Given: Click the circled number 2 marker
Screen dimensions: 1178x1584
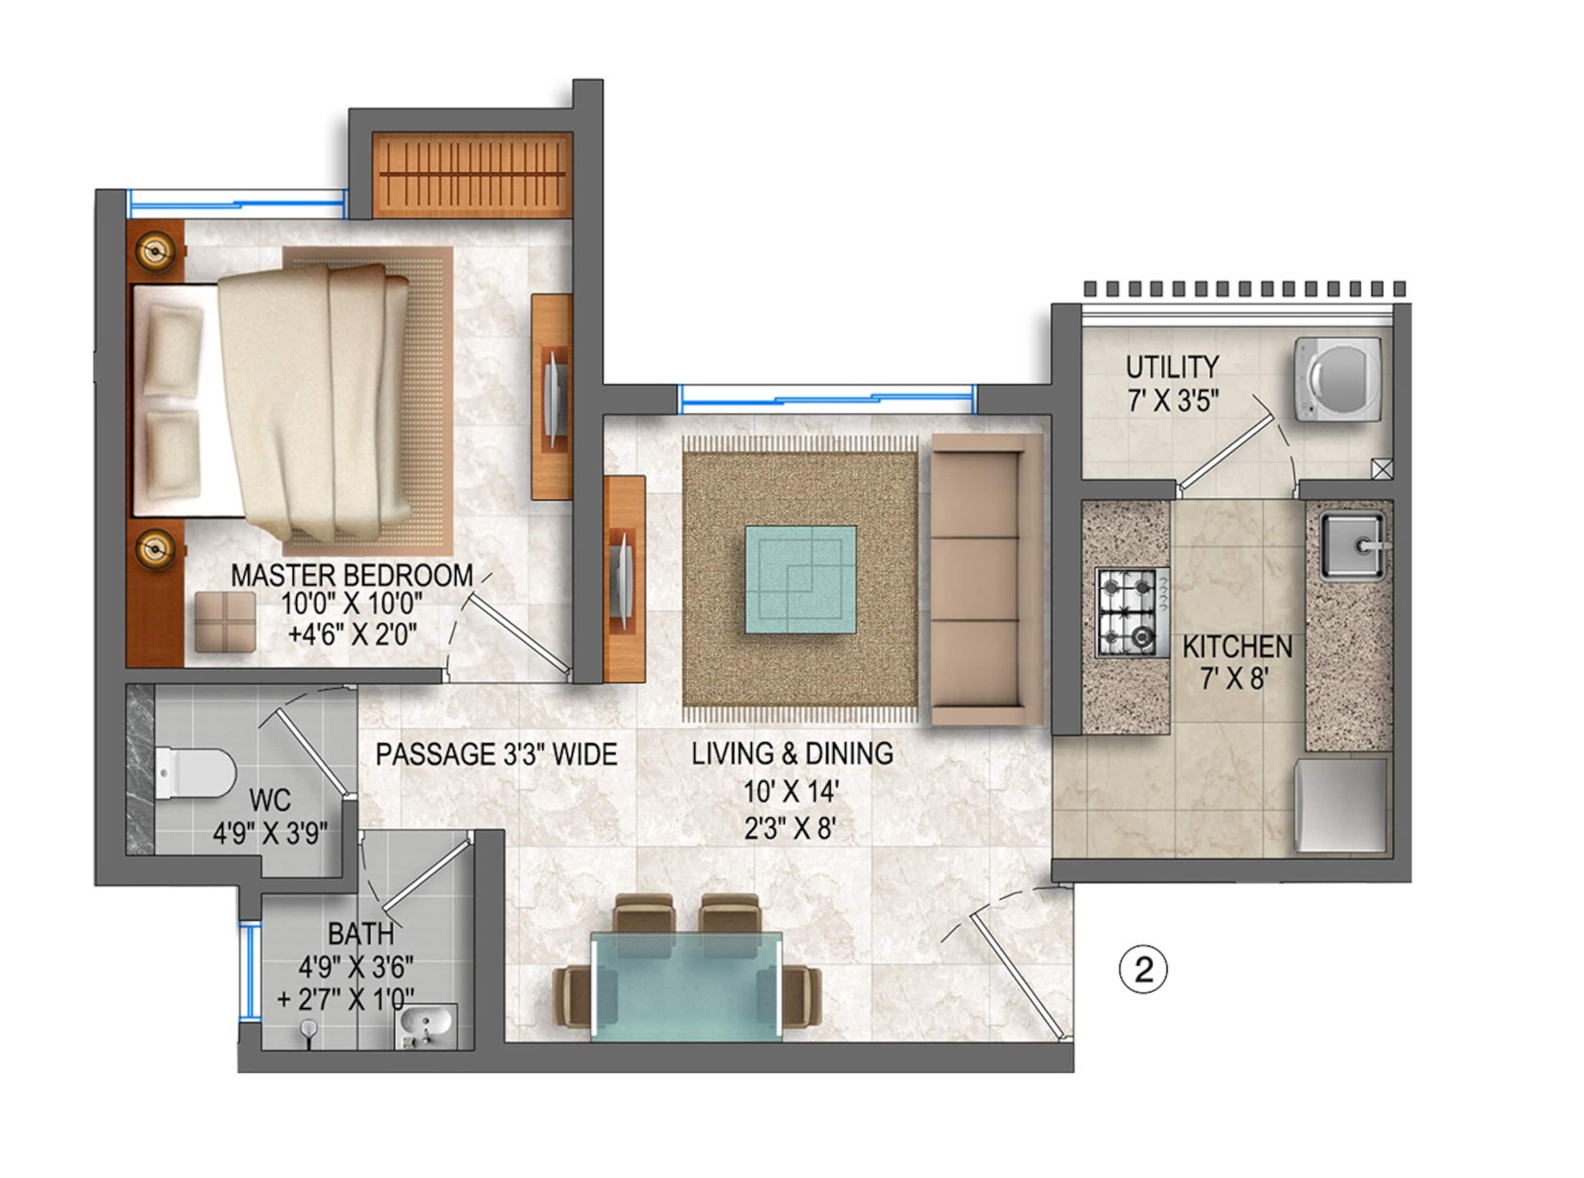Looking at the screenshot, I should click(x=1143, y=970).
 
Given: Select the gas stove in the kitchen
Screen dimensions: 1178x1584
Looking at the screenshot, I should click(x=1131, y=612).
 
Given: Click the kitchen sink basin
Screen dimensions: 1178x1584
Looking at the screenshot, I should click(x=1351, y=546).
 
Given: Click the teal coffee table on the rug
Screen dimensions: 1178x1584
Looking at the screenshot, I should click(x=800, y=580).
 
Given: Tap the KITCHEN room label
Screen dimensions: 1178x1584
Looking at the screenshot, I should click(x=1237, y=647).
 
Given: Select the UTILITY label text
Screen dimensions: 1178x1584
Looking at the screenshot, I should click(x=1172, y=367).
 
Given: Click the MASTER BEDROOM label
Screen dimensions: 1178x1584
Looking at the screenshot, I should click(x=352, y=576).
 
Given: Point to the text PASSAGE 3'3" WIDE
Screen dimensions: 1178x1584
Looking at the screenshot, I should click(x=496, y=754).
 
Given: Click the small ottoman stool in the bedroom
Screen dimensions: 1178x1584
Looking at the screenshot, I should click(x=225, y=622).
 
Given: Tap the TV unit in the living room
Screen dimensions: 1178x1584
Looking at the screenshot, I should click(x=624, y=579).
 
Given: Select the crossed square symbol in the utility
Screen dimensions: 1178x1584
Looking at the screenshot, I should click(x=1381, y=469).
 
